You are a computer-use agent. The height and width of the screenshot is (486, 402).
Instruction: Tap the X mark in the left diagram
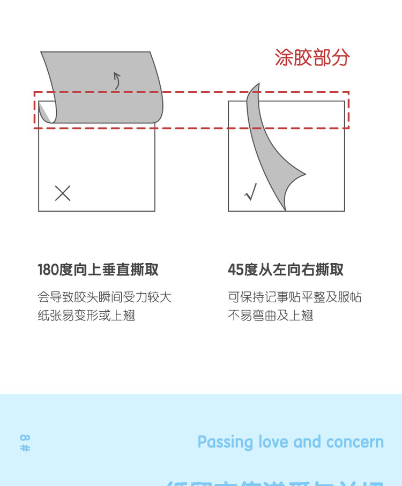pyautogui.click(x=63, y=193)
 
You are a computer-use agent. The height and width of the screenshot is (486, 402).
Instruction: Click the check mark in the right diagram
pyautogui.click(x=251, y=192)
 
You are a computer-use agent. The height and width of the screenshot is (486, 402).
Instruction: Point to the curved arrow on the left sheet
pyautogui.click(x=117, y=80)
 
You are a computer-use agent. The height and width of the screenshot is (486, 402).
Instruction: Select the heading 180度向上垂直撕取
pyautogui.click(x=98, y=270)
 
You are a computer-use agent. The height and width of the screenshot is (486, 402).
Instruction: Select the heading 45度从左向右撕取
pyautogui.click(x=286, y=270)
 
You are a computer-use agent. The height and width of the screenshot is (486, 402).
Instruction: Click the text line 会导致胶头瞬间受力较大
pyautogui.click(x=105, y=297)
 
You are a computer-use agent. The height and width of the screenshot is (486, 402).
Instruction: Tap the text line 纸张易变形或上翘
pyautogui.click(x=86, y=315)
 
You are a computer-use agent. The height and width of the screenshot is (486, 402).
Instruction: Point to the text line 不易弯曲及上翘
pyautogui.click(x=270, y=315)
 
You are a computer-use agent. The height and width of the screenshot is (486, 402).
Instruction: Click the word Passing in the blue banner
pyautogui.click(x=225, y=443)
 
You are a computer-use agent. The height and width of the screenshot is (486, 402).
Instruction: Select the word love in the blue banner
pyautogui.click(x=273, y=443)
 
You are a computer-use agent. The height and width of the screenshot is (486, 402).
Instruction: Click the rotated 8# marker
pyautogui.click(x=25, y=443)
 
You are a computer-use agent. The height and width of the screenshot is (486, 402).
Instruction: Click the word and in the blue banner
pyautogui.click(x=307, y=443)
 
